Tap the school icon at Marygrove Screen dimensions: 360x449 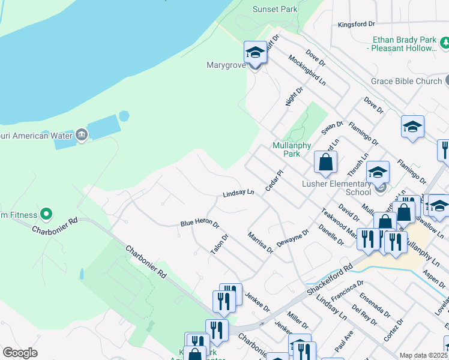[x=255, y=52]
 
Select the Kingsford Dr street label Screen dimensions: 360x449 [x=356, y=25]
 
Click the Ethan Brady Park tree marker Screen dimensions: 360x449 [x=445, y=43]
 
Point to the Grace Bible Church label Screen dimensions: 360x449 [x=406, y=81]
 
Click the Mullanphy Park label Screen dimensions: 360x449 [x=286, y=149]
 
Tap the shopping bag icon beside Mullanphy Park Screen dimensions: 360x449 [x=325, y=162]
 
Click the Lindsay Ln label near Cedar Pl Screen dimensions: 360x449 [x=239, y=193]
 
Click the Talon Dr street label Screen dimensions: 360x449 [x=220, y=244]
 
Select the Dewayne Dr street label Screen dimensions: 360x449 [x=292, y=238]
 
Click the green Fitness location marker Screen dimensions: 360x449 [x=46, y=214]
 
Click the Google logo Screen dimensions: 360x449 [x=20, y=353]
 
